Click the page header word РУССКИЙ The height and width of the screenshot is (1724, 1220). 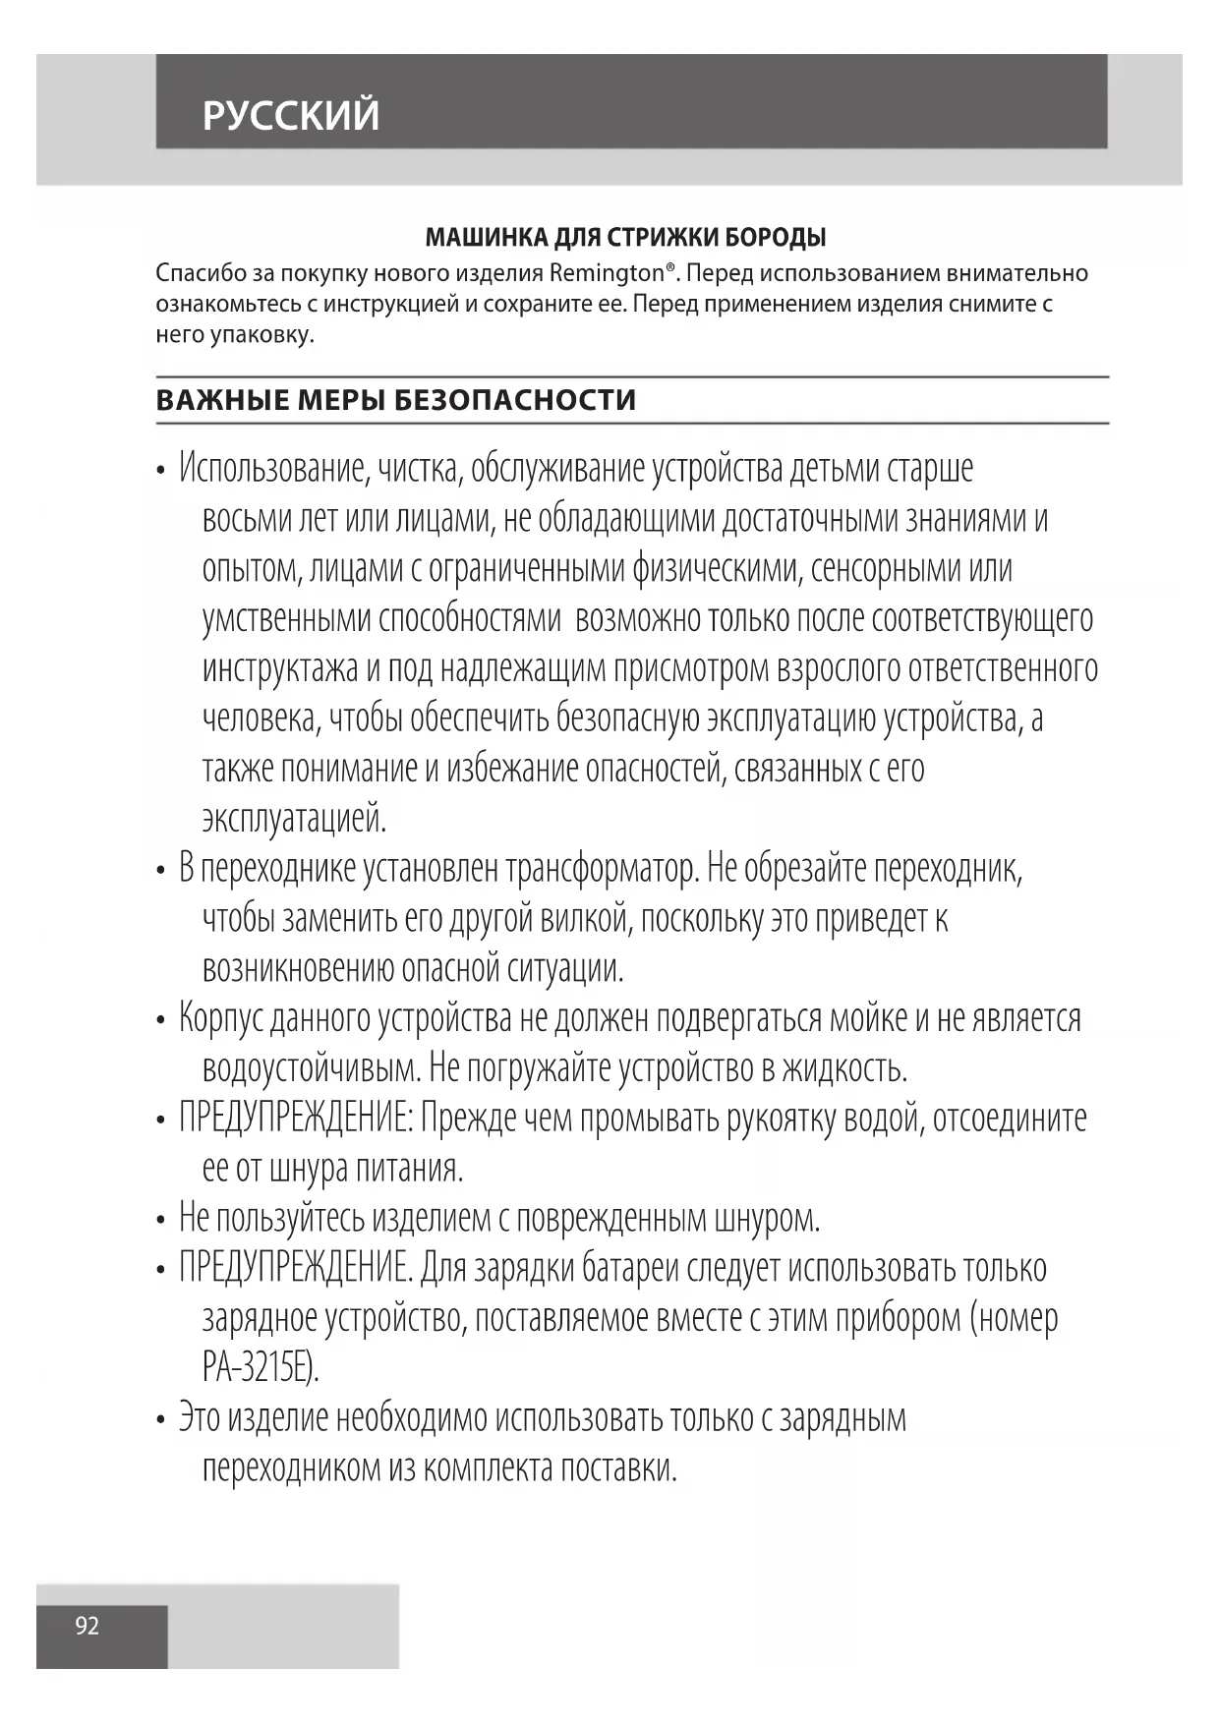[290, 116]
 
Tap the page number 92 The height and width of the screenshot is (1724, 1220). [87, 1626]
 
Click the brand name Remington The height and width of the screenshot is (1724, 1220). [606, 272]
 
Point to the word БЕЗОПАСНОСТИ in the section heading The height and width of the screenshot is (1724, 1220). [515, 400]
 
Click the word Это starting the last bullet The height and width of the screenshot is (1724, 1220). [200, 1418]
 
